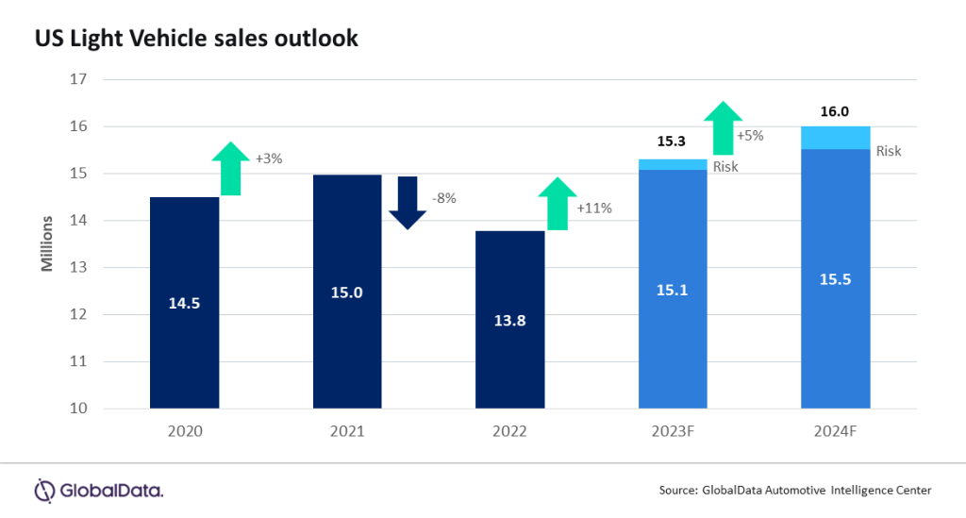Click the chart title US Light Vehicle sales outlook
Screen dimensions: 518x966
197,40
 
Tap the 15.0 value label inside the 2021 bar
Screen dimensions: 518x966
347,293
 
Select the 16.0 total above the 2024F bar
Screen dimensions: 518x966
836,111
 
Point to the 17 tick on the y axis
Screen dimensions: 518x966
78,79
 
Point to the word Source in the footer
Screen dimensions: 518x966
678,491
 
